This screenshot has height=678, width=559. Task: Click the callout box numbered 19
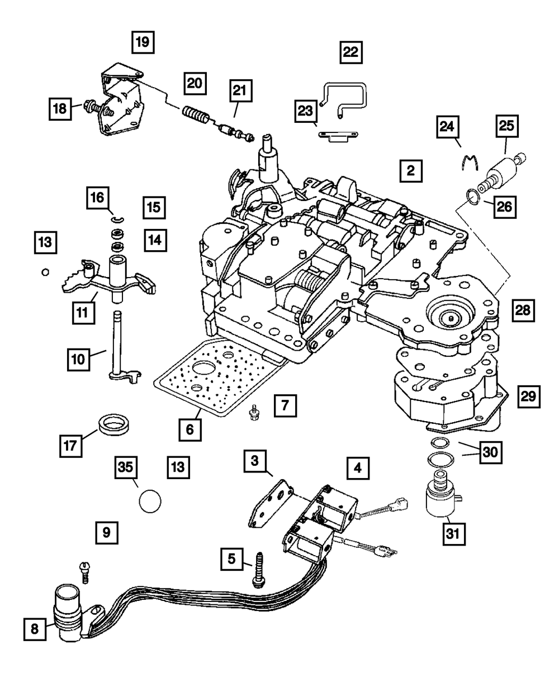pos(144,42)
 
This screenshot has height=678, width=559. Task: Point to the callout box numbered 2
pos(411,171)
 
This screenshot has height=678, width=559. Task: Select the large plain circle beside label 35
pos(150,500)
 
